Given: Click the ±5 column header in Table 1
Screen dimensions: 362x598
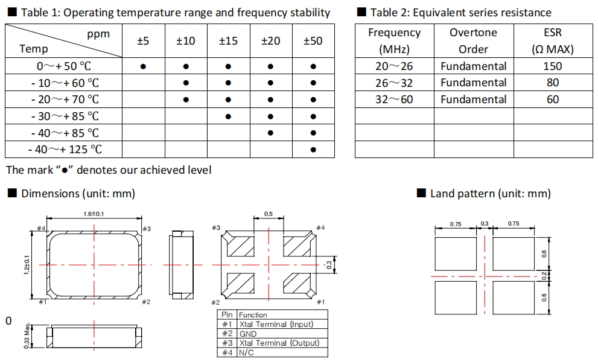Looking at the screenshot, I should tap(143, 41).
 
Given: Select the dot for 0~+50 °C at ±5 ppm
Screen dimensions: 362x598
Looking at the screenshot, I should tap(143, 66).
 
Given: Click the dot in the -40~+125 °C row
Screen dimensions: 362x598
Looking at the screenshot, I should tap(313, 150).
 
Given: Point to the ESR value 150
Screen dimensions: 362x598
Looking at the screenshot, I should tap(552, 66).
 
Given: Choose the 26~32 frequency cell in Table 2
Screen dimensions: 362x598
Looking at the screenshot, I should tap(394, 83).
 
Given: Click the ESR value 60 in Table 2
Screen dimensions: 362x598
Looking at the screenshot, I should tap(552, 100).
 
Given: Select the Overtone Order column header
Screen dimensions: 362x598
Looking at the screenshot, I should tap(473, 41).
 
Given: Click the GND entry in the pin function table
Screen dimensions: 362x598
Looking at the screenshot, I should tap(248, 334).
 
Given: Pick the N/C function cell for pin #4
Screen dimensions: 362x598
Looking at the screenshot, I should tap(246, 352).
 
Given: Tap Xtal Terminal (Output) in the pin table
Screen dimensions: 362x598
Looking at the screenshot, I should tap(279, 343).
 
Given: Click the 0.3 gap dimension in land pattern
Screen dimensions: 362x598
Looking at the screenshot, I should tap(484, 224).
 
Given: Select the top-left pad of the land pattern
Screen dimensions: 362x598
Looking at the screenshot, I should tap(456, 254).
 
